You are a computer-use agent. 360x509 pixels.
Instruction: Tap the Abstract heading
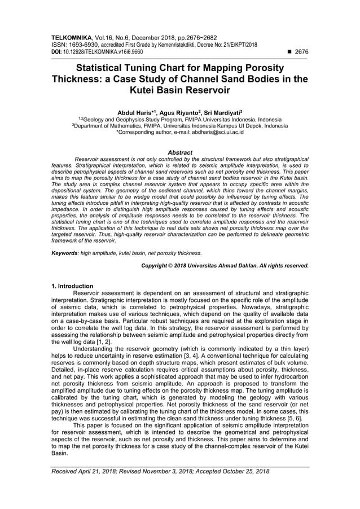pyautogui.click(x=180, y=152)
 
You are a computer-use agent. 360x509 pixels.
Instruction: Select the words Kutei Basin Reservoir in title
pyautogui.click(x=180, y=90)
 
